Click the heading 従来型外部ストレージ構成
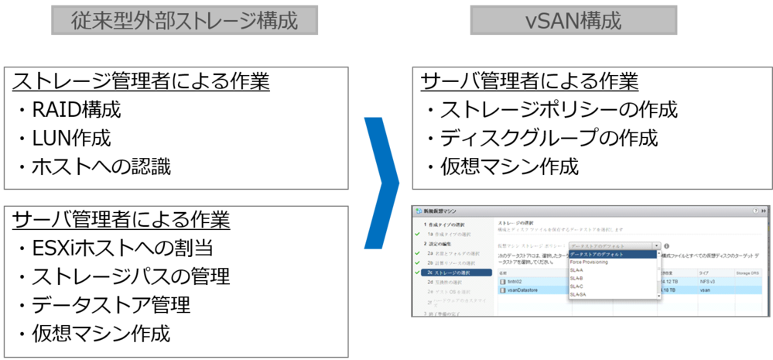click(184, 20)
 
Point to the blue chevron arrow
click(381, 183)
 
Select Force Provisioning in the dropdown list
click(590, 262)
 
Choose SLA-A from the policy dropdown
click(577, 270)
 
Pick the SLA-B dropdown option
click(577, 279)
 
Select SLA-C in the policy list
click(577, 286)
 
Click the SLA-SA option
click(579, 295)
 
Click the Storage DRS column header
click(747, 273)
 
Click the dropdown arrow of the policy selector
click(657, 245)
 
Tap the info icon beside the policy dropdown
click(666, 245)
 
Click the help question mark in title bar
click(755, 211)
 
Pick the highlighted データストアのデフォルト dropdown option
click(597, 254)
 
